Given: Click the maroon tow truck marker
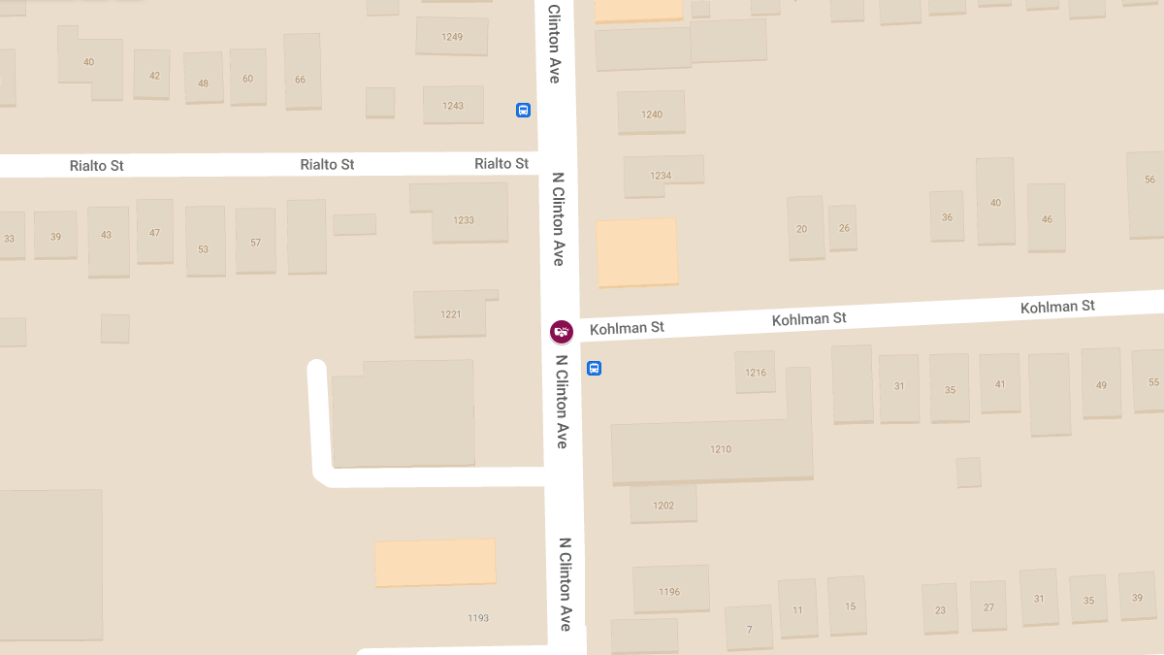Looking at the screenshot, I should coord(561,332).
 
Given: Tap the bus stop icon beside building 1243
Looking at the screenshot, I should coord(523,111).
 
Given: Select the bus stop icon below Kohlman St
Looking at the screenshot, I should coord(594,369).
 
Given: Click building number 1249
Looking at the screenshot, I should coord(451,37).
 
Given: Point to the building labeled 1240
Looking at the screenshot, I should coord(652,114).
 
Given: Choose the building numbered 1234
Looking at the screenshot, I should coord(661,176).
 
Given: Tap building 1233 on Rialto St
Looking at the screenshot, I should coord(464,219).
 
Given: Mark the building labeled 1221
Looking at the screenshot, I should coord(450,313).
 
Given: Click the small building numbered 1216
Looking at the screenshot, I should coord(756,373).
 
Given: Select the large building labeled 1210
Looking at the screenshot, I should coord(720,449).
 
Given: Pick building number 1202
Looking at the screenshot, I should coord(663,505).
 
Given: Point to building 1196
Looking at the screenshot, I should coord(669,591).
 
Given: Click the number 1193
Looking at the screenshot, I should coord(478,618).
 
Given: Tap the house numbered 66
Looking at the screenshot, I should coord(301,79).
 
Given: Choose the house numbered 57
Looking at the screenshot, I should coord(255,242).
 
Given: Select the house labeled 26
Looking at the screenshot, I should coord(844,228).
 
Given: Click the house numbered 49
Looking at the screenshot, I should coord(1101,384).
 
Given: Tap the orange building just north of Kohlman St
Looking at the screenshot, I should coord(636,252).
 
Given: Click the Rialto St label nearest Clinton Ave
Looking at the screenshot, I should coord(501,163).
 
